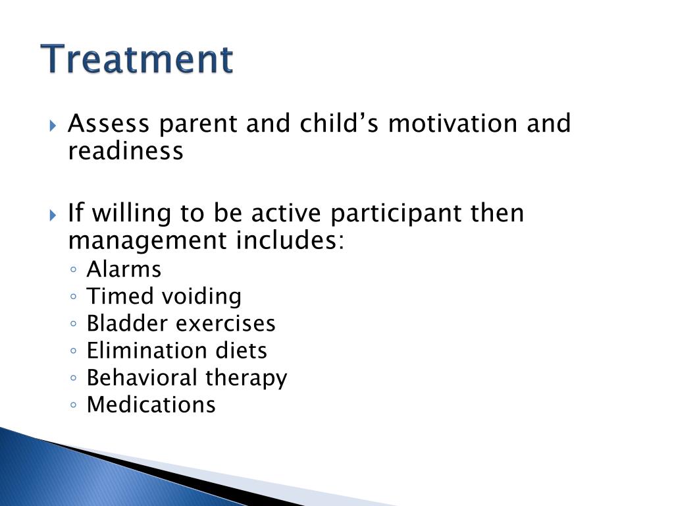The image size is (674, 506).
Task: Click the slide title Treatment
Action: point(137,59)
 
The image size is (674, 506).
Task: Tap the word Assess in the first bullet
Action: point(109,123)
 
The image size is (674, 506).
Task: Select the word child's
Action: point(339,123)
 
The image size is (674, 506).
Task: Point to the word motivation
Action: point(453,123)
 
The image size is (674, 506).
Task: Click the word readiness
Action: point(126,151)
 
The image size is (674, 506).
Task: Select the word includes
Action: point(290,240)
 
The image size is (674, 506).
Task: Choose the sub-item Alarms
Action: point(124,269)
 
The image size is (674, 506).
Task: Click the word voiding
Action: point(201,297)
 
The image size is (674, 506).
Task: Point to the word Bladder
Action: point(127,323)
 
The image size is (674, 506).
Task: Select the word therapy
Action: point(246,378)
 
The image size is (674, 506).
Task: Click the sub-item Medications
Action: point(151,405)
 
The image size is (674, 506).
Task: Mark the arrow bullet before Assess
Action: point(53,126)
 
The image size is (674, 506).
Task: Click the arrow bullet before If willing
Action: point(53,215)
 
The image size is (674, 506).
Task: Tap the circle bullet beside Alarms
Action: point(74,269)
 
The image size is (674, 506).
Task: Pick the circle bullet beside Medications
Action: point(74,405)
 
